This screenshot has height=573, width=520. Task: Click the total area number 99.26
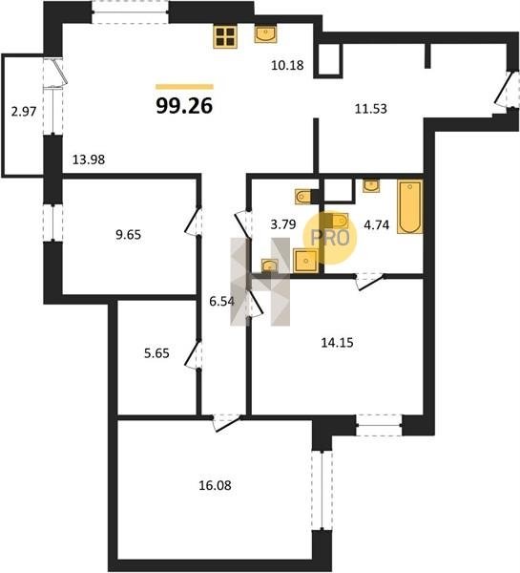coord(184,106)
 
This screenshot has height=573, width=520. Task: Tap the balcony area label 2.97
coord(24,112)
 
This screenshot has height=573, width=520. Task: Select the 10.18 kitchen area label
coord(288,65)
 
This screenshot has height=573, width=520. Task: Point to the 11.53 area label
coord(371,109)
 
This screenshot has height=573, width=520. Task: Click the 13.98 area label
coord(89,159)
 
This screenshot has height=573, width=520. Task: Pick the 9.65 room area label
coord(128,235)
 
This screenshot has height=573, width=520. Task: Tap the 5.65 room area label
coord(156,353)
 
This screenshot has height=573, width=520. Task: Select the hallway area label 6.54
coord(221,302)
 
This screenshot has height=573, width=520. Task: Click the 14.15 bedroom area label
coord(337,343)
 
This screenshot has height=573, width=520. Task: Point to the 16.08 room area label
coord(215,486)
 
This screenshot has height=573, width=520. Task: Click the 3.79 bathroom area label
coord(283,224)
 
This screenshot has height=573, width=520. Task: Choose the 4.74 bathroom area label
coord(377,224)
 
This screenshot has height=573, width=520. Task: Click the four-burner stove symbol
coord(225,36)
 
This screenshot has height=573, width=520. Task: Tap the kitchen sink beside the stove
coord(265,34)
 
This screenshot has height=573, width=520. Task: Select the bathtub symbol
coord(410,206)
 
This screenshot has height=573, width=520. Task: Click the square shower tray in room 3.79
coord(306,260)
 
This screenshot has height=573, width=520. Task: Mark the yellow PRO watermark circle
coord(330,238)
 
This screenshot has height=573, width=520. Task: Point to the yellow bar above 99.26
coord(184,87)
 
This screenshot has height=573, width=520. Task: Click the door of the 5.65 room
coord(193,353)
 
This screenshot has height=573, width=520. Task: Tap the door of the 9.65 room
coord(193,222)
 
